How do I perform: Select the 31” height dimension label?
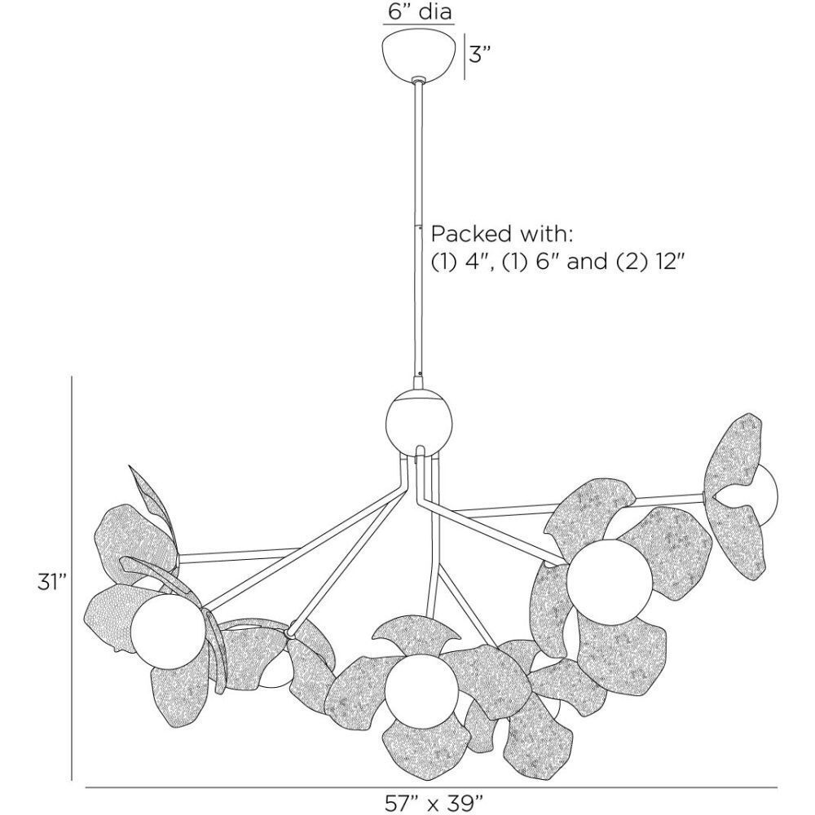click(51, 583)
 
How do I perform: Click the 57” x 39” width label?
click(430, 803)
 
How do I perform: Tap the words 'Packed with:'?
click(503, 235)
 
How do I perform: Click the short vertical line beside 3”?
click(465, 56)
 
